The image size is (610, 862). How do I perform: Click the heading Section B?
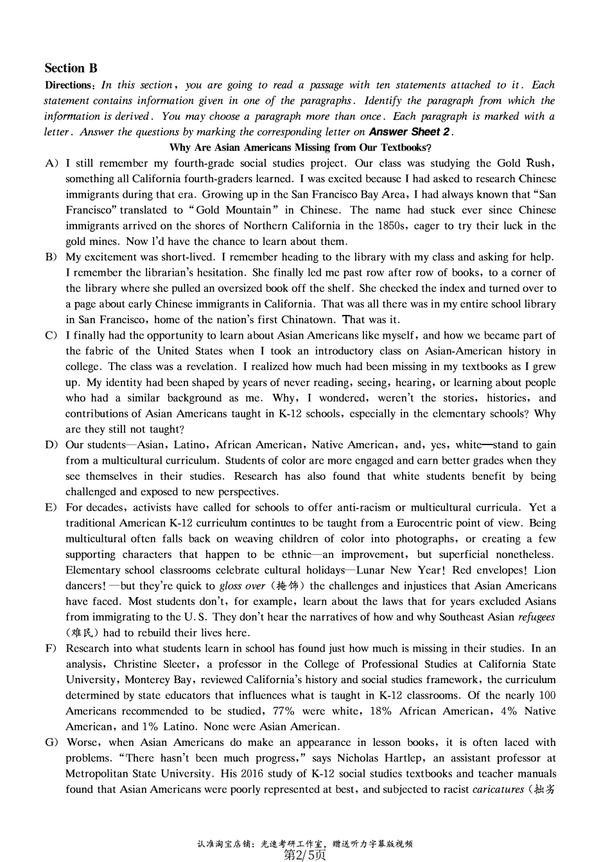tap(71, 68)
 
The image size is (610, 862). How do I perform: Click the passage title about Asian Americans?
tap(301, 148)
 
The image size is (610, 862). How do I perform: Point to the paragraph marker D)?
tap(52, 445)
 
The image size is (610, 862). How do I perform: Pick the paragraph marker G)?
tap(52, 743)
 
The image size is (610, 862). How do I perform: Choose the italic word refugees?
tap(536, 617)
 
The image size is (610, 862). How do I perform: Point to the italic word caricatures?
tap(498, 790)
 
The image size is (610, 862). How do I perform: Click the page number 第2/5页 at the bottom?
tap(305, 855)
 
